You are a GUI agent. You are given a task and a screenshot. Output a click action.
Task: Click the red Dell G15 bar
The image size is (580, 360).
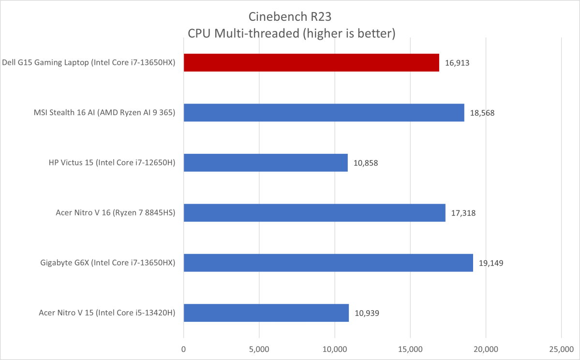[311, 62]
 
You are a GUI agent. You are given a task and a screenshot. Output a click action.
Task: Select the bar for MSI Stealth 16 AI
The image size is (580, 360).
[324, 112]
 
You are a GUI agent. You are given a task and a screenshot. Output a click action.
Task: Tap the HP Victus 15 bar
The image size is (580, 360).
[266, 163]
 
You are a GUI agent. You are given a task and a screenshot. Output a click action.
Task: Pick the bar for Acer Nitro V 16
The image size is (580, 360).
[314, 212]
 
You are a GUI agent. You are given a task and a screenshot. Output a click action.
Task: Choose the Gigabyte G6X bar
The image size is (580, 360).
[328, 262]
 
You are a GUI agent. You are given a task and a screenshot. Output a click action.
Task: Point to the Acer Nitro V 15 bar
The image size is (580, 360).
[266, 313]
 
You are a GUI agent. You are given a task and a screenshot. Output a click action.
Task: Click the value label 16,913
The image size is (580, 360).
[457, 63]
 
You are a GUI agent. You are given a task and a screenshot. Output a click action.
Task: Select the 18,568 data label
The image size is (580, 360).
[482, 113]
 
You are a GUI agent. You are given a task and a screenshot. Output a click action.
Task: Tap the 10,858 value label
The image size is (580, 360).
[365, 163]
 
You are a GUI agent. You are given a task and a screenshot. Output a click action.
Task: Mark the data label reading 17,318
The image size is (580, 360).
[463, 213]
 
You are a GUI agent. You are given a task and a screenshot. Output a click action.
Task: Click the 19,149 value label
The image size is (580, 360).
[491, 263]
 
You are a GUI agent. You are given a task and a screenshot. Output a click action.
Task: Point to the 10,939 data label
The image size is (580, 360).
[366, 313]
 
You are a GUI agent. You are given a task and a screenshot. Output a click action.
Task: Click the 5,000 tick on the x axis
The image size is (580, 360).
[259, 349]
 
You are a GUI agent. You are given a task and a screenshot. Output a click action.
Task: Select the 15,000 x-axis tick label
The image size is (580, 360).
[410, 349]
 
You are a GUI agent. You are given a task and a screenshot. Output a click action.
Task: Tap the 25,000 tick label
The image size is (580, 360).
[561, 349]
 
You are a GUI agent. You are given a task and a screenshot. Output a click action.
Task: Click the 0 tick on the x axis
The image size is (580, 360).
[184, 349]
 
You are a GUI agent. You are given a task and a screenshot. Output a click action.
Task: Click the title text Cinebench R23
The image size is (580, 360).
[290, 16]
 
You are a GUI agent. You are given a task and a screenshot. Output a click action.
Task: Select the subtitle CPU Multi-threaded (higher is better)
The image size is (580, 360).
[290, 33]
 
